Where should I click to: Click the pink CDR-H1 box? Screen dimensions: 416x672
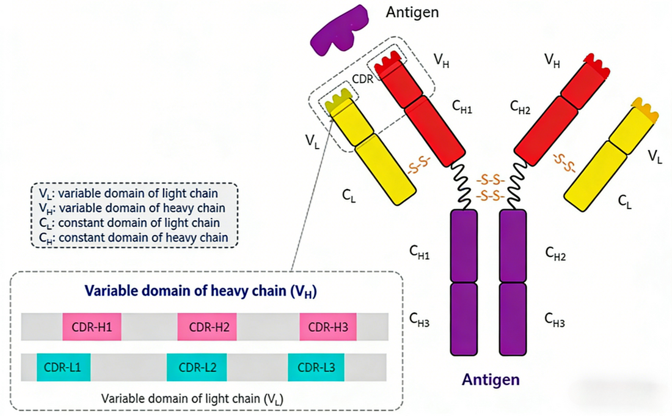(x=92, y=327)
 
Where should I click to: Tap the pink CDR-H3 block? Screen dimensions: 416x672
(x=328, y=327)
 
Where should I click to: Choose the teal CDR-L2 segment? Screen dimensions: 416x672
(x=197, y=367)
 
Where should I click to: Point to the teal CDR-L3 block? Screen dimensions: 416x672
(x=316, y=367)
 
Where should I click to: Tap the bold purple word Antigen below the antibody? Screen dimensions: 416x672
(x=491, y=379)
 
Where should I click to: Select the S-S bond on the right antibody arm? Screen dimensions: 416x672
(x=564, y=163)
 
